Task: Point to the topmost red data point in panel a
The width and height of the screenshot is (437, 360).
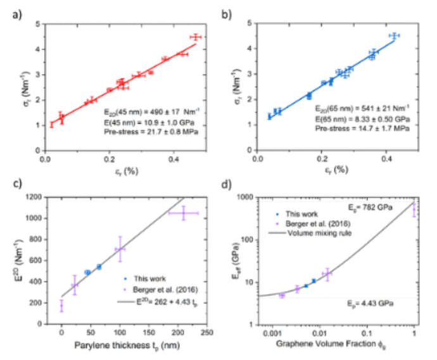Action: point(196,37)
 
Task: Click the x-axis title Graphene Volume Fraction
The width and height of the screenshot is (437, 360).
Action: point(335,345)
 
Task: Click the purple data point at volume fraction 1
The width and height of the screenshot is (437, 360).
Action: point(415,209)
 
